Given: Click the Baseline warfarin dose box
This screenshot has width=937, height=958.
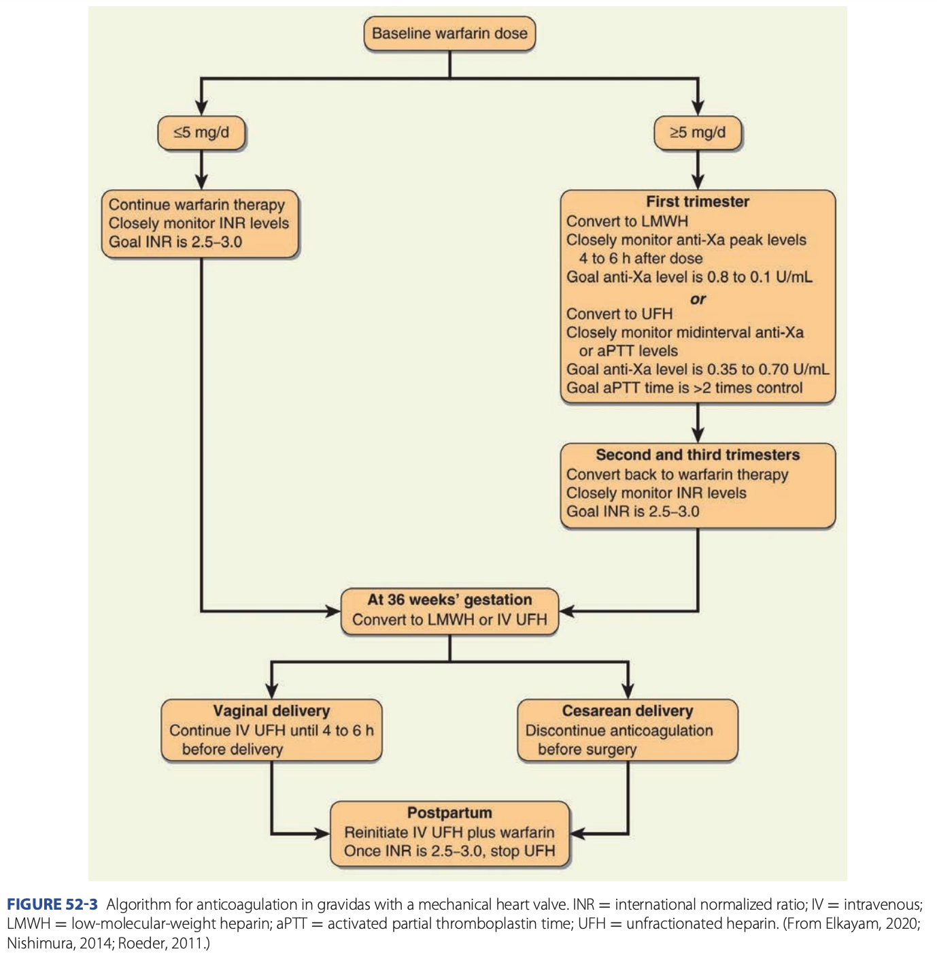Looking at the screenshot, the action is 449,34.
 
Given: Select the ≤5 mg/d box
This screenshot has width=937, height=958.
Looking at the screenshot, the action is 201,133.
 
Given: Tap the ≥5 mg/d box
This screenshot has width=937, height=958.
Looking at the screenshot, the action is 698,133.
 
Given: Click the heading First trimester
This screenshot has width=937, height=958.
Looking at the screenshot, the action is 698,201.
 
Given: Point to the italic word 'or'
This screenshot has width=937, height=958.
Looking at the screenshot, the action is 698,299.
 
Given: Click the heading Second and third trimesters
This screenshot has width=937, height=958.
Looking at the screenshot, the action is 698,455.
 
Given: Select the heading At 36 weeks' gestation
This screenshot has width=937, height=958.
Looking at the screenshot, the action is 449,599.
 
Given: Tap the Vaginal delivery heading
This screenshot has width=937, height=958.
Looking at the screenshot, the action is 271,711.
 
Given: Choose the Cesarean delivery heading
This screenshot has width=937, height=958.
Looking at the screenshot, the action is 628,711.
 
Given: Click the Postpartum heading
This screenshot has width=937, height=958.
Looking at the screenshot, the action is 449,812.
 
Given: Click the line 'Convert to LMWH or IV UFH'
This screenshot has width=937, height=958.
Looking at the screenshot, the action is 449,619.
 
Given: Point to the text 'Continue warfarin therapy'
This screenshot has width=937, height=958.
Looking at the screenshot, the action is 197,205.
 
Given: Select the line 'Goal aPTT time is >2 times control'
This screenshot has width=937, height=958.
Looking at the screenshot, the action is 685,388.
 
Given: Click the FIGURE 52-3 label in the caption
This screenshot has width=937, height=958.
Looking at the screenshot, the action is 52,904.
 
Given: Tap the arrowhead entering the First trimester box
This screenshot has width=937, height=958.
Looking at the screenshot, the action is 698,182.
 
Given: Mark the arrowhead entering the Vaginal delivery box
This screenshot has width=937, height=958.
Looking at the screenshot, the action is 271,691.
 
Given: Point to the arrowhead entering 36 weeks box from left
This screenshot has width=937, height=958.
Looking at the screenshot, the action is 333,611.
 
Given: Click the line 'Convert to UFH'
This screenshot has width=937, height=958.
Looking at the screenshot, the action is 619,314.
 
